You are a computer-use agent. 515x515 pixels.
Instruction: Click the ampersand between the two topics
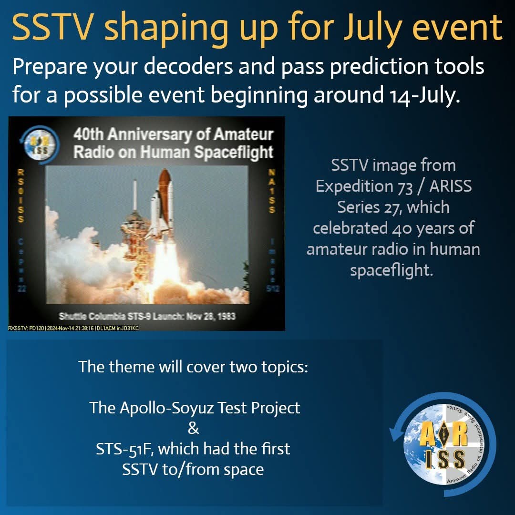[x=193, y=428]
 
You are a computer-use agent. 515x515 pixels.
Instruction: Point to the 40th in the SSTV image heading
[x=88, y=135]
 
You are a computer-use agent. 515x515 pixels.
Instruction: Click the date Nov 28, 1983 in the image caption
[x=205, y=316]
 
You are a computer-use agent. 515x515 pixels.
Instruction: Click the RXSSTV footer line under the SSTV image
[x=74, y=328]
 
